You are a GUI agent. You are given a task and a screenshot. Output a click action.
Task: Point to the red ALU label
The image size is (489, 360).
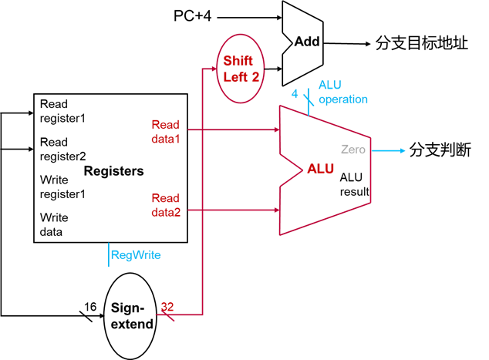[x=321, y=168]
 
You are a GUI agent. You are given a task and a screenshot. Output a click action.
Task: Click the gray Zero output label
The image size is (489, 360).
[x=353, y=150]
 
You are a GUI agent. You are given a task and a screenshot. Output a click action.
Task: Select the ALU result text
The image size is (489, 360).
[x=355, y=184]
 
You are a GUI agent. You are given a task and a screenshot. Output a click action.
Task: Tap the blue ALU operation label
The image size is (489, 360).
[x=343, y=93]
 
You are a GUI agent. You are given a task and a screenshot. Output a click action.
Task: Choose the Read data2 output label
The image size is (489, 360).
[x=165, y=205]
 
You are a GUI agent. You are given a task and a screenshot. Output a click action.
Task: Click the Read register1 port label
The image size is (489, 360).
[x=62, y=111]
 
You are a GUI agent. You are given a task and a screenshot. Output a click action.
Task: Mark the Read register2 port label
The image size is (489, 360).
[x=62, y=149]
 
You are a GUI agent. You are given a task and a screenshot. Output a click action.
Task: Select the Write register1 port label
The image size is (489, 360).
[x=62, y=187]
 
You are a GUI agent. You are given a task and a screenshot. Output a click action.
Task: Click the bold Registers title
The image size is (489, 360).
[x=113, y=170]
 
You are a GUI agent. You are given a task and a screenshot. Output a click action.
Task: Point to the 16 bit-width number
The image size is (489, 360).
[x=90, y=307]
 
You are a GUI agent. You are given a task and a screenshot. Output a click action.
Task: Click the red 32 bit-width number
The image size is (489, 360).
[x=167, y=306]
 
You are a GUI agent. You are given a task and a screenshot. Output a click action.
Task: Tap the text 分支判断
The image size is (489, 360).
[x=440, y=150]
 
